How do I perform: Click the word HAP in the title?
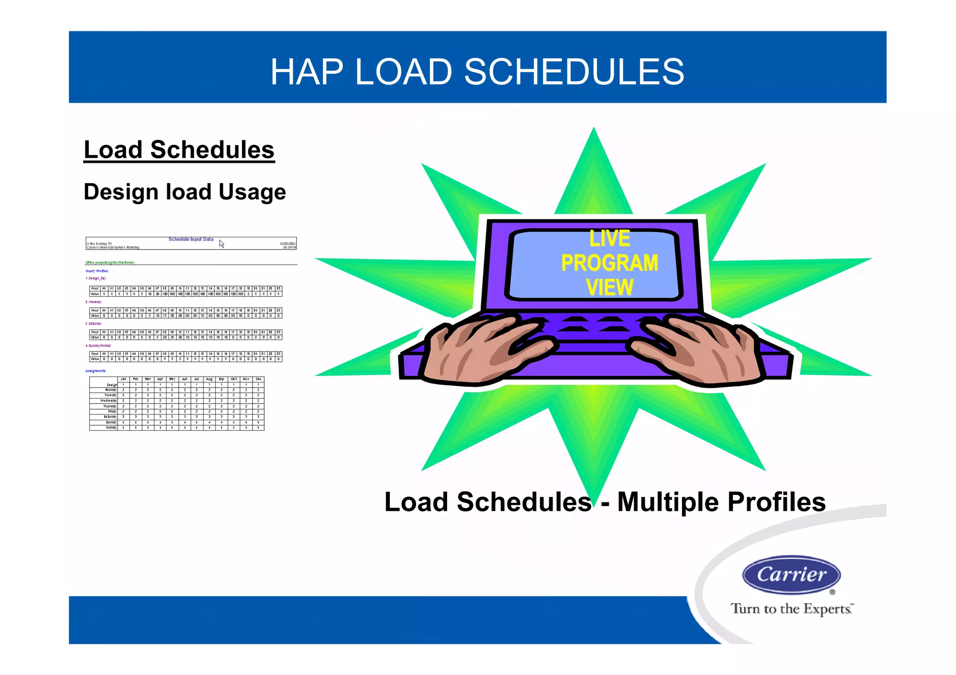306,72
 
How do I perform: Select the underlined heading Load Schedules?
179,150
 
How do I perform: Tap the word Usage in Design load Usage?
252,192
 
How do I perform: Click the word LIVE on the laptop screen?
609,238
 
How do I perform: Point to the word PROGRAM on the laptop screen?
609,263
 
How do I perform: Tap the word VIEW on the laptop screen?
609,287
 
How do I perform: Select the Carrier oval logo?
791,574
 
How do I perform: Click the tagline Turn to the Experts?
791,609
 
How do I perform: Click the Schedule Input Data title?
190,239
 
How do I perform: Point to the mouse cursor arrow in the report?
221,244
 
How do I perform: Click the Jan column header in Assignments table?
123,379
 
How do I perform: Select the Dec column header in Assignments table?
258,379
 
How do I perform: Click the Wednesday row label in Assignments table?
108,401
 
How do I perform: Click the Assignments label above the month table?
96,371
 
